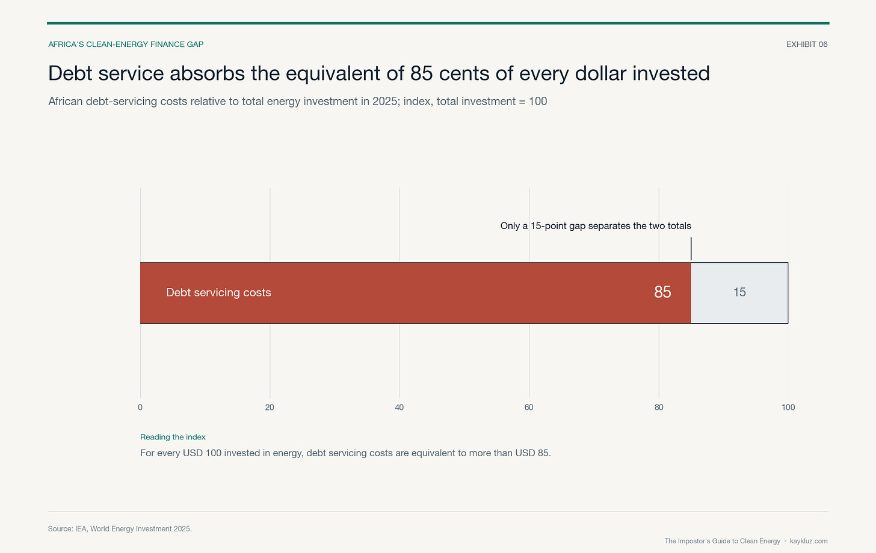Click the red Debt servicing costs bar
pos(415,293)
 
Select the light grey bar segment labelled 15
pos(739,293)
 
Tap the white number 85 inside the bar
pos(662,292)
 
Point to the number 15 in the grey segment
pos(739,292)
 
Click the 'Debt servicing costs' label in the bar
pos(218,292)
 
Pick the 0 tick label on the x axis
pos(140,407)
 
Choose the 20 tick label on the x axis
pos(270,407)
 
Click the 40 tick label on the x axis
pos(399,407)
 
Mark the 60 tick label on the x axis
pos(529,407)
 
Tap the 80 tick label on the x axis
pos(659,407)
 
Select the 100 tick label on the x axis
pos(788,407)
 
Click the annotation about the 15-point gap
pos(596,226)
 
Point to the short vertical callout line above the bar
pos(691,249)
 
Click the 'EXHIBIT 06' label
pos(807,44)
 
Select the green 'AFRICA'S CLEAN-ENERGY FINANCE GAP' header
pos(126,44)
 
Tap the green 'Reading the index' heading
pos(173,437)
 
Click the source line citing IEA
pos(120,529)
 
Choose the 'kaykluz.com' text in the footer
pos(809,541)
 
